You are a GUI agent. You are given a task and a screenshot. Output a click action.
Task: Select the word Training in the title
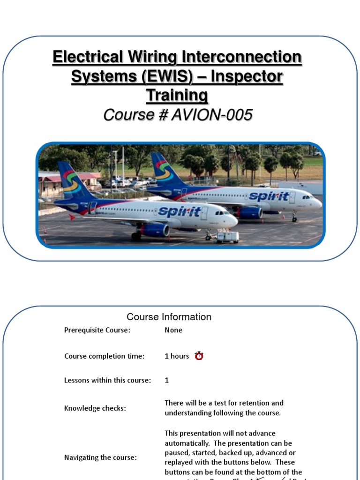(177, 95)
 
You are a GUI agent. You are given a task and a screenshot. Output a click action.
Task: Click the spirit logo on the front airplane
(180, 211)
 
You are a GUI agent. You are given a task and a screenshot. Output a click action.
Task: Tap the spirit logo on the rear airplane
(269, 196)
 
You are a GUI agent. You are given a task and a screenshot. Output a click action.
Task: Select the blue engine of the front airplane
(155, 230)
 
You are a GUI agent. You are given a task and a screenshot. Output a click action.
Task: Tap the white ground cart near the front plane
(227, 237)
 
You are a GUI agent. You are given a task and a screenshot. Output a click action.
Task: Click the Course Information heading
(169, 317)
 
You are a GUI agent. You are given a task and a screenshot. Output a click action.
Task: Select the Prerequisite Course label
(97, 330)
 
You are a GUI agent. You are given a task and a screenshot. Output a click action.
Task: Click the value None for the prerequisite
(173, 330)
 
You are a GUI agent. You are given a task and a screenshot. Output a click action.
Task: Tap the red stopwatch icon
(199, 356)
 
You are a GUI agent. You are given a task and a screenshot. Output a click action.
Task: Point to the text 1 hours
(177, 356)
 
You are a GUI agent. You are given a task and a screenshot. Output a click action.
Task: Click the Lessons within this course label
(107, 380)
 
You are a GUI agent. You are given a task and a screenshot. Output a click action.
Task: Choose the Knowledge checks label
(95, 408)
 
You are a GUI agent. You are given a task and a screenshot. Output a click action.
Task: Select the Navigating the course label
(100, 457)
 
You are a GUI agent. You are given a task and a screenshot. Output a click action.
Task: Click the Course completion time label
(104, 356)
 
